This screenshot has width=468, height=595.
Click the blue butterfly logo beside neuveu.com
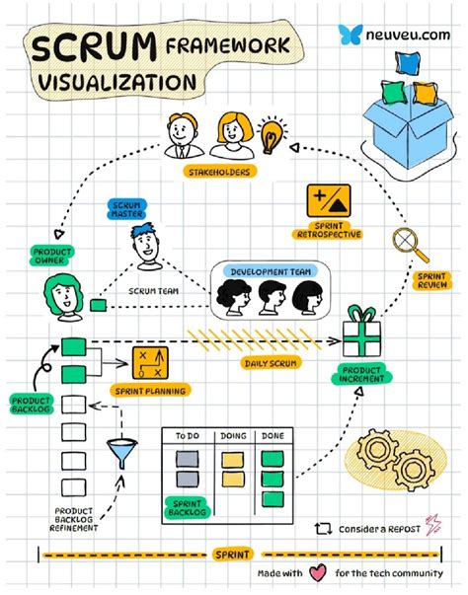[350, 35]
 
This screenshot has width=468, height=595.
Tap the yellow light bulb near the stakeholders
[272, 135]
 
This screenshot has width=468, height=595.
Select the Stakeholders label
[219, 172]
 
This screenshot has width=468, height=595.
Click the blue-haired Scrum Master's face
[145, 246]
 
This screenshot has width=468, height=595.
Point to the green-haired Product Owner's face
[64, 297]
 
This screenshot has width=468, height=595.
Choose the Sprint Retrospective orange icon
[329, 200]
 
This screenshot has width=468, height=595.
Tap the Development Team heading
[271, 271]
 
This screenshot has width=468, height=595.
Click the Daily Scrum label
[271, 363]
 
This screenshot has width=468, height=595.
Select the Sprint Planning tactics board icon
[150, 363]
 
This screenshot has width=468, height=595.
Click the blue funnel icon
[121, 453]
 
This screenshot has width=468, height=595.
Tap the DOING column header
[233, 436]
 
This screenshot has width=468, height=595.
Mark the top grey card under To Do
[188, 459]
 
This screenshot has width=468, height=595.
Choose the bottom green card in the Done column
[273, 499]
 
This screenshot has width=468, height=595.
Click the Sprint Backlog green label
[188, 508]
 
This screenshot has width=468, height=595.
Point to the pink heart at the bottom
[318, 572]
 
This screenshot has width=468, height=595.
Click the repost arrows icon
[323, 528]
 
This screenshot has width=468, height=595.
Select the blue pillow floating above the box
[408, 62]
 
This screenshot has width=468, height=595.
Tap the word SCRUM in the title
[94, 47]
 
